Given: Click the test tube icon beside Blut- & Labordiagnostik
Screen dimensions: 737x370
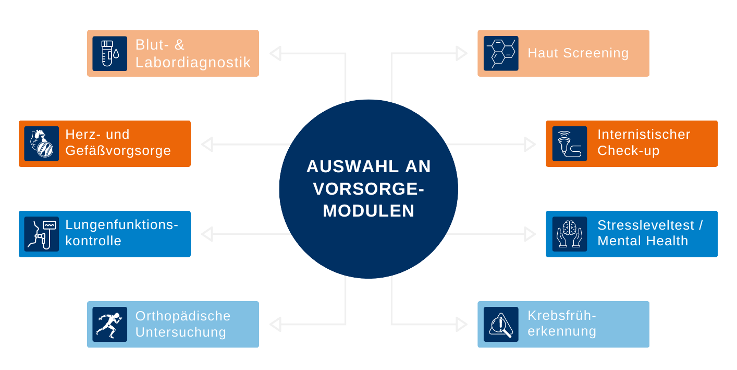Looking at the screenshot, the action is click(x=109, y=53).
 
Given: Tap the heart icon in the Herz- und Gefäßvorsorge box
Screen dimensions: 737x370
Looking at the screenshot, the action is click(x=42, y=144).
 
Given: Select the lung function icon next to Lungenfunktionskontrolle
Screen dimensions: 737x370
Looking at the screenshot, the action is click(x=42, y=234).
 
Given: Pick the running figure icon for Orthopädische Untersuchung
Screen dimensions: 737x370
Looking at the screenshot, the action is click(x=109, y=324).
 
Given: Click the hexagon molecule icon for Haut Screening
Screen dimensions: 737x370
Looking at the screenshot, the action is click(x=501, y=53).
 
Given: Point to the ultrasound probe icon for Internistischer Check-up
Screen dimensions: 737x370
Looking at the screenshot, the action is click(x=570, y=144).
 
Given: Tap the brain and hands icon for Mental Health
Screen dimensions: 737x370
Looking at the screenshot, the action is click(x=570, y=234).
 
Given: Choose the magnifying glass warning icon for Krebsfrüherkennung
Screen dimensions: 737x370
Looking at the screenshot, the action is click(x=501, y=324).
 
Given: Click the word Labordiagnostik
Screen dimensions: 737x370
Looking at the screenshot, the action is click(x=193, y=62).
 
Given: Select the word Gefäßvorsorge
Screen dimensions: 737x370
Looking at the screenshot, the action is click(x=118, y=151).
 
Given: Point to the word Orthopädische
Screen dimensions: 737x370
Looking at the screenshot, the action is click(x=183, y=316).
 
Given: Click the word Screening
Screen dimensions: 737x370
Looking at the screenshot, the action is click(x=596, y=53).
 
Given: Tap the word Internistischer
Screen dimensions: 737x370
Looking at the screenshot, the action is click(x=644, y=135).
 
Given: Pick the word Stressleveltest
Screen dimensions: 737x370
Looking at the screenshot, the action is click(x=646, y=225).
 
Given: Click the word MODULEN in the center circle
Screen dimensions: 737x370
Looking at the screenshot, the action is click(x=368, y=211).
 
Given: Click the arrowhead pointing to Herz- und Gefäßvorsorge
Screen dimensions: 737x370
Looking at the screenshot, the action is click(x=207, y=145).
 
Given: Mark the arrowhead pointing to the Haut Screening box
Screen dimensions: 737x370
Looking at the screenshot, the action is click(x=461, y=53).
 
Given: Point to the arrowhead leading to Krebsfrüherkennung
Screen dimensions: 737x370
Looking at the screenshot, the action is click(x=461, y=324).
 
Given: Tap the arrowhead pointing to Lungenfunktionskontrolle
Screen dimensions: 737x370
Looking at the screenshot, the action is click(x=207, y=234).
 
